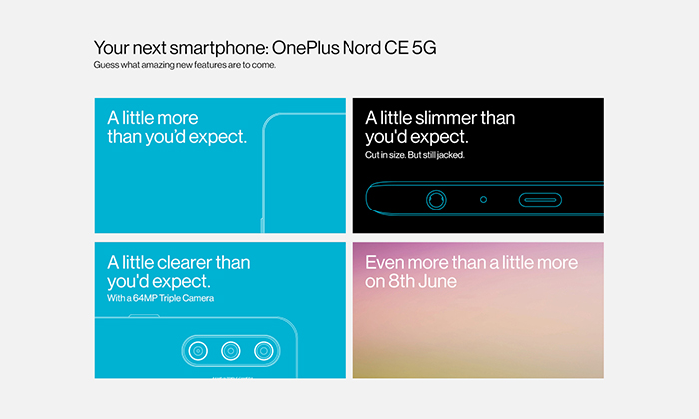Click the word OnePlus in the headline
click(x=305, y=48)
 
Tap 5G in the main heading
click(x=424, y=48)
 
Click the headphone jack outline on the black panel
click(x=436, y=200)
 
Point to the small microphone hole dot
click(x=483, y=200)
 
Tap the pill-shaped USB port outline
click(x=540, y=200)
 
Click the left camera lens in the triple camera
click(x=198, y=351)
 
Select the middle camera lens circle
click(x=231, y=351)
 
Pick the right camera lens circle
click(x=264, y=351)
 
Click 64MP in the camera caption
click(x=145, y=298)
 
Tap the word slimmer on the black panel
click(x=445, y=118)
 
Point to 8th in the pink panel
click(x=401, y=282)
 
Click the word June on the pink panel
click(x=438, y=282)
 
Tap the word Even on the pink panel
click(x=384, y=263)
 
